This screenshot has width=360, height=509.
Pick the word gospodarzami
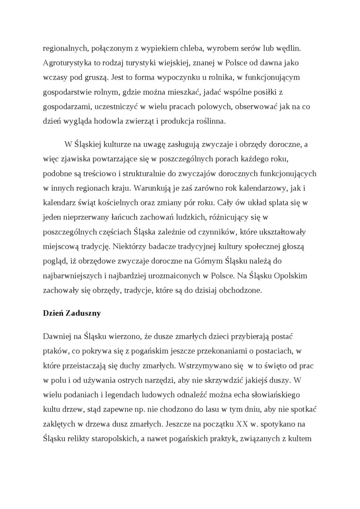66,107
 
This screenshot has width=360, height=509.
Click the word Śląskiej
89,143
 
